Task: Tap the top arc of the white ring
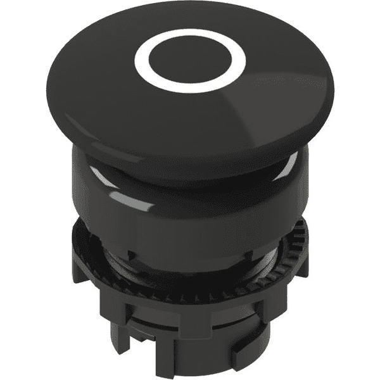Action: tap(189, 37)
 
